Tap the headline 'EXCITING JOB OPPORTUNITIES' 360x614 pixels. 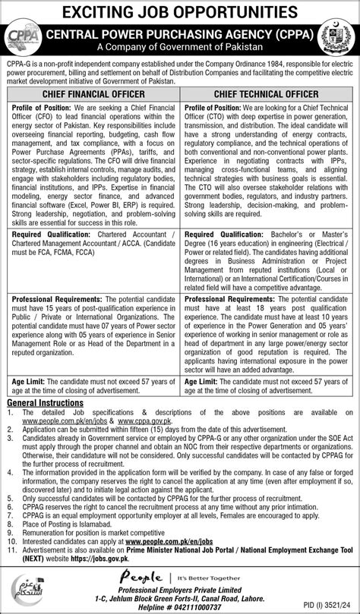(x=180, y=11)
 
